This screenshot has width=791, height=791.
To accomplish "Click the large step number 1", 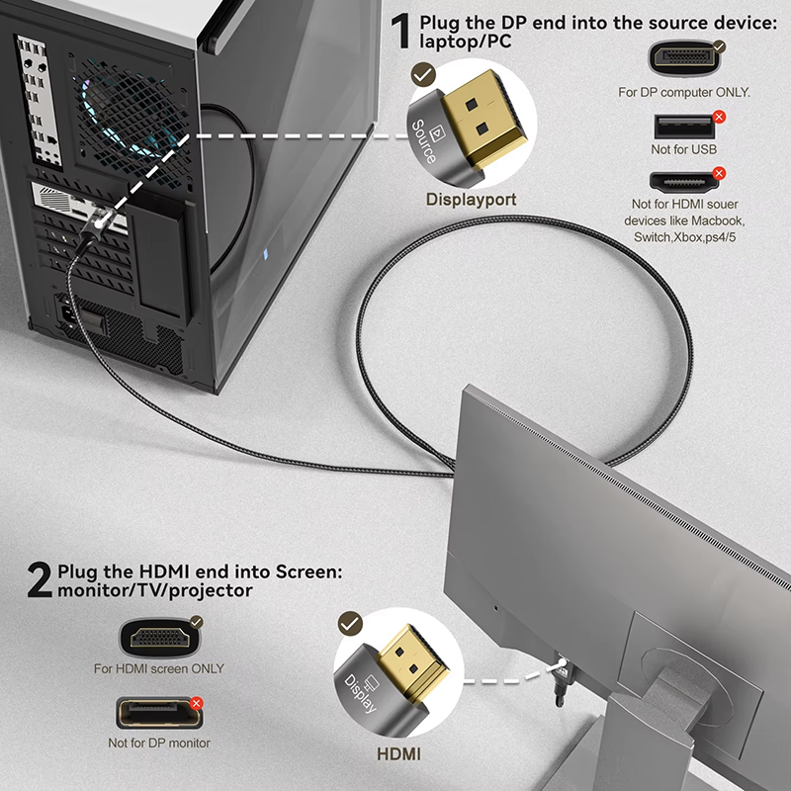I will tap(400, 33).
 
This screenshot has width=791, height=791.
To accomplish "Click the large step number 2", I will tap(39, 581).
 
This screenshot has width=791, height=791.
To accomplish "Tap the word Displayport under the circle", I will tap(471, 199).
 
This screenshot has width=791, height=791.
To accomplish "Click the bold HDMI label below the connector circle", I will tap(398, 754).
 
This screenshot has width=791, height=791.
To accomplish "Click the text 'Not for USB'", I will tap(684, 149).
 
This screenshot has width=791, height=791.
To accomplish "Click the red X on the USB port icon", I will tap(719, 117).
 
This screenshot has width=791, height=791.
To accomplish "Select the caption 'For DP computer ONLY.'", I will tap(684, 92).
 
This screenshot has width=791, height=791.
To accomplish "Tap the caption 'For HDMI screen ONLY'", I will tap(159, 668).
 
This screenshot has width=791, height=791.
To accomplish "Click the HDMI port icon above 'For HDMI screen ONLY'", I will tap(158, 637).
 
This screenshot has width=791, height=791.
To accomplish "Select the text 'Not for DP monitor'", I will tap(159, 742).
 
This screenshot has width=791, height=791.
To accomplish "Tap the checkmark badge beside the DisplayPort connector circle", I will tap(424, 73).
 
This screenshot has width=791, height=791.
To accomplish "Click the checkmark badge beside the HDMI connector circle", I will tap(350, 623).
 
